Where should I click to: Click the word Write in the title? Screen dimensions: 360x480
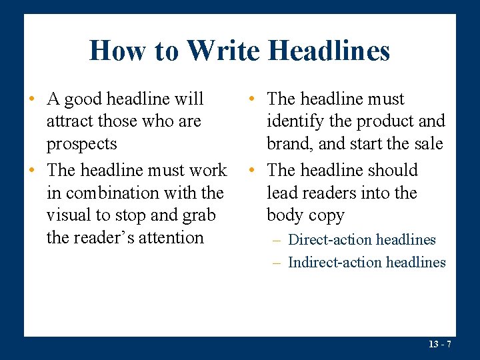[x=223, y=51]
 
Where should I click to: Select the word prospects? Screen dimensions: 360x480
[x=81, y=144]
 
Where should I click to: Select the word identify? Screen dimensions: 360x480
[x=299, y=121]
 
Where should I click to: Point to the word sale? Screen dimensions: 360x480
[x=426, y=144]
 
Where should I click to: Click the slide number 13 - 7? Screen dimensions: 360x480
[x=440, y=344]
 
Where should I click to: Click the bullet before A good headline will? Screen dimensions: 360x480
[x=31, y=100]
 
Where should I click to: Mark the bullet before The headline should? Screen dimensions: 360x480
[x=251, y=171]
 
